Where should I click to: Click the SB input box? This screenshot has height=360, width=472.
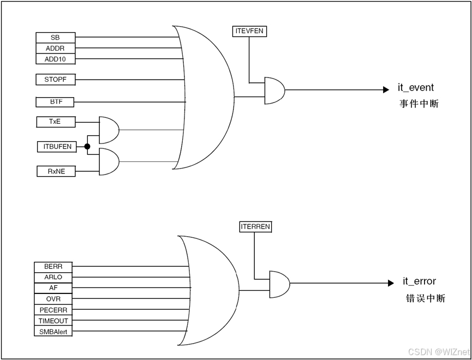(x=55, y=38)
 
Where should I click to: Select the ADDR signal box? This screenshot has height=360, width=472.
(x=55, y=49)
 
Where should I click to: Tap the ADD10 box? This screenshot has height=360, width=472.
(x=55, y=59)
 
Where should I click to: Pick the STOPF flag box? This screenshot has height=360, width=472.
(x=55, y=80)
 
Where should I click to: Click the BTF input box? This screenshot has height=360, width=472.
(x=55, y=101)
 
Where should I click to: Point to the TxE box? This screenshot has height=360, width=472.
(x=55, y=122)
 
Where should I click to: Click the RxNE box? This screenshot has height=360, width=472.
(x=55, y=171)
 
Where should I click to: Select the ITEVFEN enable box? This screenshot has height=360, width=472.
(x=249, y=31)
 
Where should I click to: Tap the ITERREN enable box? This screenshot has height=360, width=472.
(x=255, y=226)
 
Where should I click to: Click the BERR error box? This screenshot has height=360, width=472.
(x=53, y=267)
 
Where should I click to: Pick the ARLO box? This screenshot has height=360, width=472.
(x=53, y=278)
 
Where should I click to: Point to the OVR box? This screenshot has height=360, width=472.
(x=53, y=299)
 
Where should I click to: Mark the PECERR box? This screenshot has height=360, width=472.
(x=53, y=310)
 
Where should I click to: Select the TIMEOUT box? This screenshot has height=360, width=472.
(x=53, y=321)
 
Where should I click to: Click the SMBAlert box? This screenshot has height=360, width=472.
(x=53, y=332)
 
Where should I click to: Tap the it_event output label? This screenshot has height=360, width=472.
(x=416, y=88)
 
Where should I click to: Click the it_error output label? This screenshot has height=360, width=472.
(x=419, y=281)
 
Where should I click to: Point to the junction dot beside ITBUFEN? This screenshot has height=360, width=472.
(x=87, y=146)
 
